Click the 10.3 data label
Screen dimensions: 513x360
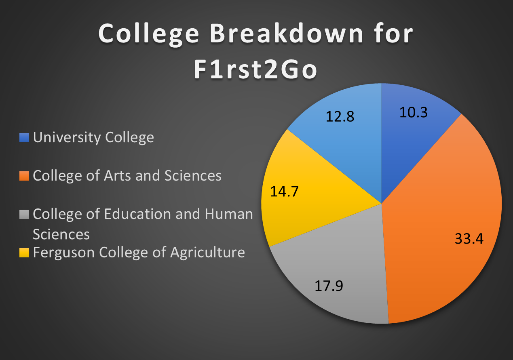(414, 112)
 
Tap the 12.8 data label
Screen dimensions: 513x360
(340, 116)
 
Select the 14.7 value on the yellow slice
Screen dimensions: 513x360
(284, 192)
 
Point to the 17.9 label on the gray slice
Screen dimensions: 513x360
(329, 286)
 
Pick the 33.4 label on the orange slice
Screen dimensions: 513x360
(469, 239)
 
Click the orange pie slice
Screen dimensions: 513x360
(442, 217)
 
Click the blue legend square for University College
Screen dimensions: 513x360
(24, 137)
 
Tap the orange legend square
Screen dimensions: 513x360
(24, 176)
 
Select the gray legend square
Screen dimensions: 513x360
(24, 215)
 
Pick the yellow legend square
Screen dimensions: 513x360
(24, 253)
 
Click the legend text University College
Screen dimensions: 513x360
(93, 137)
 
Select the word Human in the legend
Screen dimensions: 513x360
(228, 214)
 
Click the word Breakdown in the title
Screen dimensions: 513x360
(286, 34)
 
